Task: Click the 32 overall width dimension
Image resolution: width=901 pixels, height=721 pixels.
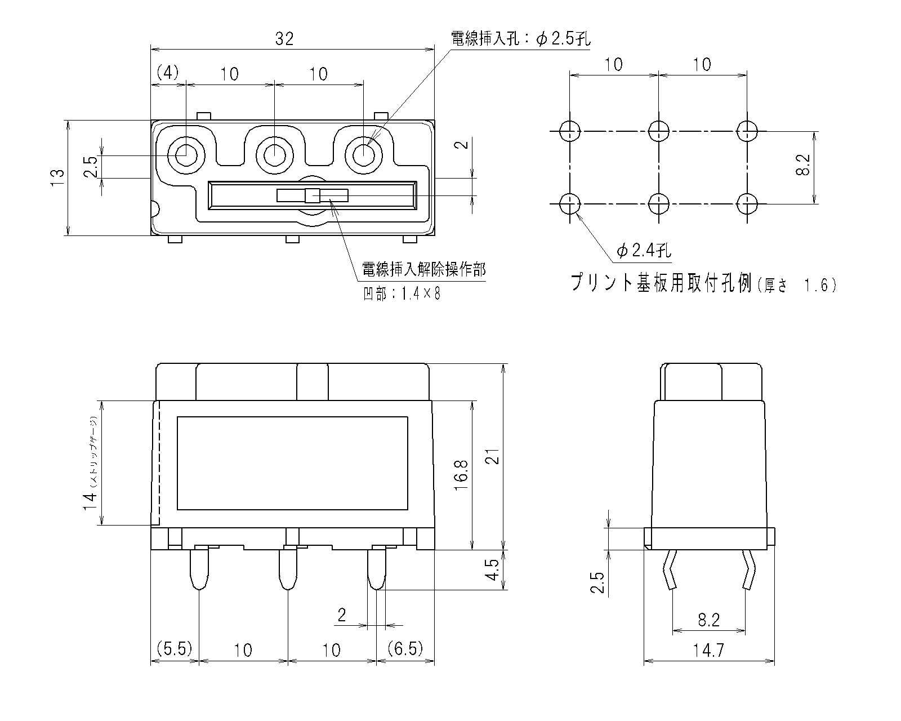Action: tap(284, 39)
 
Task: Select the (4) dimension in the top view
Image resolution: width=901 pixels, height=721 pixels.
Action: tap(167, 73)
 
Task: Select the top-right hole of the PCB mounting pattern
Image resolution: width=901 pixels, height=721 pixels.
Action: tap(747, 131)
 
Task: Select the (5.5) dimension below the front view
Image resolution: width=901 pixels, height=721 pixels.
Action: tap(175, 649)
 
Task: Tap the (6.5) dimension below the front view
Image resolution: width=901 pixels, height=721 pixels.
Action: tap(405, 649)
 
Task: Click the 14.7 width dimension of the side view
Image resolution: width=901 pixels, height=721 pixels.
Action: tap(708, 651)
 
